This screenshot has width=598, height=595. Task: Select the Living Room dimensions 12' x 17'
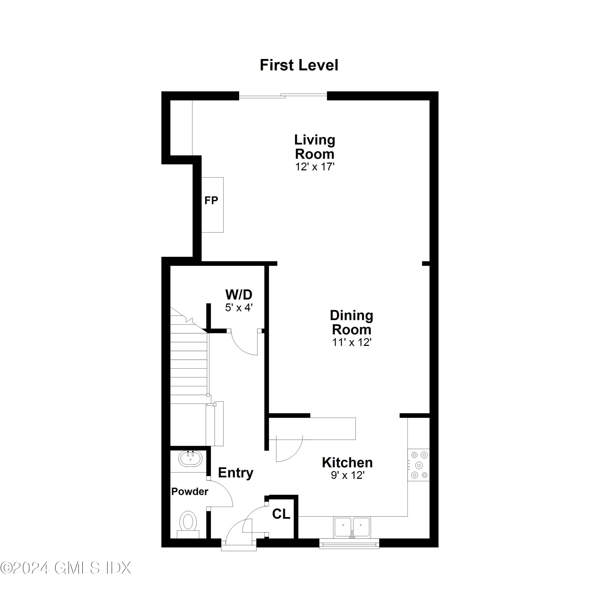point(315,167)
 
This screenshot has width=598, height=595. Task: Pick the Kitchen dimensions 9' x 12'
point(347,475)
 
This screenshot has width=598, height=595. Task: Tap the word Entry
point(236,473)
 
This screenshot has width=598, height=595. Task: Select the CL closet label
point(281,514)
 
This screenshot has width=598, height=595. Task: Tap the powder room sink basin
point(190,459)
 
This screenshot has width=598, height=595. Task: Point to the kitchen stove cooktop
point(419,465)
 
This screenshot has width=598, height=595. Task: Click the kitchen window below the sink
point(349,544)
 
